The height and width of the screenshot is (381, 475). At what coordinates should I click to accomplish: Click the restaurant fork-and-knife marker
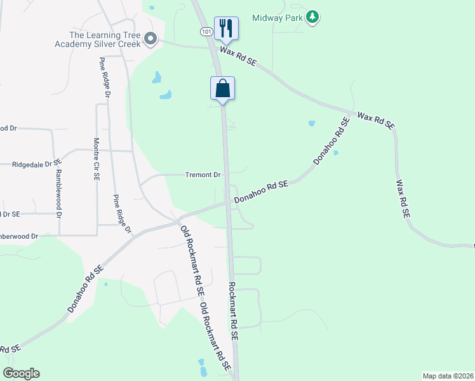226,28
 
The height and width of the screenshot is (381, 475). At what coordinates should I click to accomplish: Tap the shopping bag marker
223,88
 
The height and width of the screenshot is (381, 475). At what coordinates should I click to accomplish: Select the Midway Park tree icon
312,17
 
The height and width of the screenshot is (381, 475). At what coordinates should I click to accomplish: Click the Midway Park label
277,17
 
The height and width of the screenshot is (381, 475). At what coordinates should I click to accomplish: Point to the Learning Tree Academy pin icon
151,39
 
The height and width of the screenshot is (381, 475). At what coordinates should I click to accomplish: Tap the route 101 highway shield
205,30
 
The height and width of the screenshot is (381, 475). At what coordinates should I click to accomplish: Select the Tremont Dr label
203,175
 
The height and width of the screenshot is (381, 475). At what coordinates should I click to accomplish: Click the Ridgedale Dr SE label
36,164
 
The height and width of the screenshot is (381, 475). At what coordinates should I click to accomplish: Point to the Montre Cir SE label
97,160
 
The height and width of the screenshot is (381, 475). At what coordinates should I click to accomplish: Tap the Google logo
22,373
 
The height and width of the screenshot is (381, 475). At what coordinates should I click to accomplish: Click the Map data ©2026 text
448,376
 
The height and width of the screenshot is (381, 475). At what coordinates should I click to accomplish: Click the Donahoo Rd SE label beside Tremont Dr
261,192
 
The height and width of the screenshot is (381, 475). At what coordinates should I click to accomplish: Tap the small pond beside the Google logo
202,367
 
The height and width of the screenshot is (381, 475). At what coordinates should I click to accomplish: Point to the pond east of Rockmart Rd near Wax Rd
311,123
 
